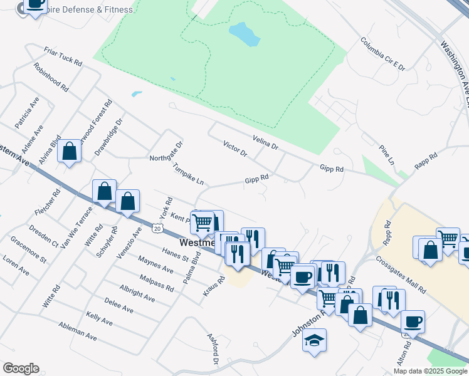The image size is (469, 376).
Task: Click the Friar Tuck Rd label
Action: click(63, 56)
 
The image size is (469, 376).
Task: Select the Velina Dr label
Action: click(265, 142)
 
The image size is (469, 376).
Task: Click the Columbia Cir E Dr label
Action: click(382, 54)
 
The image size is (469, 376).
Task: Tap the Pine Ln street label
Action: click(387, 155)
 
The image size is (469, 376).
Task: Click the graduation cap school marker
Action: click(314, 341)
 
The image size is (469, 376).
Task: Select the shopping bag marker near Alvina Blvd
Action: click(69, 151)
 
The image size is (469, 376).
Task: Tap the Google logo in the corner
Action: click(21, 368)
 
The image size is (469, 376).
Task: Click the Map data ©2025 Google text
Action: click(430, 371)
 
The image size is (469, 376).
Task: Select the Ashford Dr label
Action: click(213, 348)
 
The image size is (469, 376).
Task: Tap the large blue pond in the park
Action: click(244, 34)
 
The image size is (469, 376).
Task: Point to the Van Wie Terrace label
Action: click(77, 226)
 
